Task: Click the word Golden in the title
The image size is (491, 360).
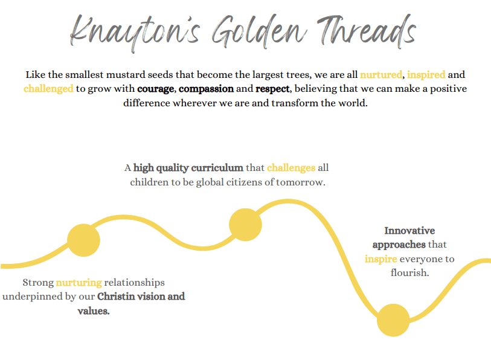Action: pos(259,31)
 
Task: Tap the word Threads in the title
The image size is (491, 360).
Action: pos(367,31)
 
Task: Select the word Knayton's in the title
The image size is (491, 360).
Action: pos(135,33)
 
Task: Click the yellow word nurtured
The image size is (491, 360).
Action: pos(380,74)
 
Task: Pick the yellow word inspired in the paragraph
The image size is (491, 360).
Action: pos(426,75)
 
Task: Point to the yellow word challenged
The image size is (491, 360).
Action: pos(48,89)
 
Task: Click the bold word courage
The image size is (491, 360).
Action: pos(156,89)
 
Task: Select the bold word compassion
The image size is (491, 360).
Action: pos(207,89)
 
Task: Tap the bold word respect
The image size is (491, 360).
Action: pos(272,89)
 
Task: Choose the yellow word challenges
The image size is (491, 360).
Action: pos(291,168)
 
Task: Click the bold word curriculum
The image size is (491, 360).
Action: pos(217,168)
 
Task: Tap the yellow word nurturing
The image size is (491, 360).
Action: pos(79,283)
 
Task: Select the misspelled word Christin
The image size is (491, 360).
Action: pos(116,297)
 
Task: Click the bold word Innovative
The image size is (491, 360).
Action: pos(409,231)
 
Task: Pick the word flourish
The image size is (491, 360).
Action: pos(409,272)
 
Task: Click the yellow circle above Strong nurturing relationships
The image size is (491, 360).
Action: pos(83,240)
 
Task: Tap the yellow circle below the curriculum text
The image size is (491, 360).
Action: pos(245,225)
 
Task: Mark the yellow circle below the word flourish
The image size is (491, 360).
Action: pos(393,320)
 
